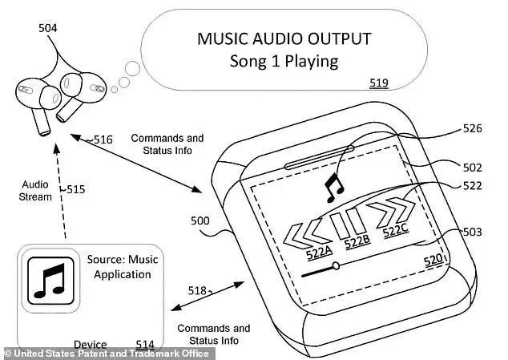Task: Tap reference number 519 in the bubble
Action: (x=380, y=83)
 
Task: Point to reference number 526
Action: (x=473, y=128)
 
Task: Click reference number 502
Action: (x=472, y=168)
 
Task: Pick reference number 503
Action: (x=472, y=232)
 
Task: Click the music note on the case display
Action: (x=332, y=189)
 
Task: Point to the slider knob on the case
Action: (x=336, y=266)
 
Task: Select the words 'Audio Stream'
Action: (x=36, y=190)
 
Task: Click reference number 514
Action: (x=144, y=345)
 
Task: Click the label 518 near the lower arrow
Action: (x=196, y=290)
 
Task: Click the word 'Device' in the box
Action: (x=91, y=345)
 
